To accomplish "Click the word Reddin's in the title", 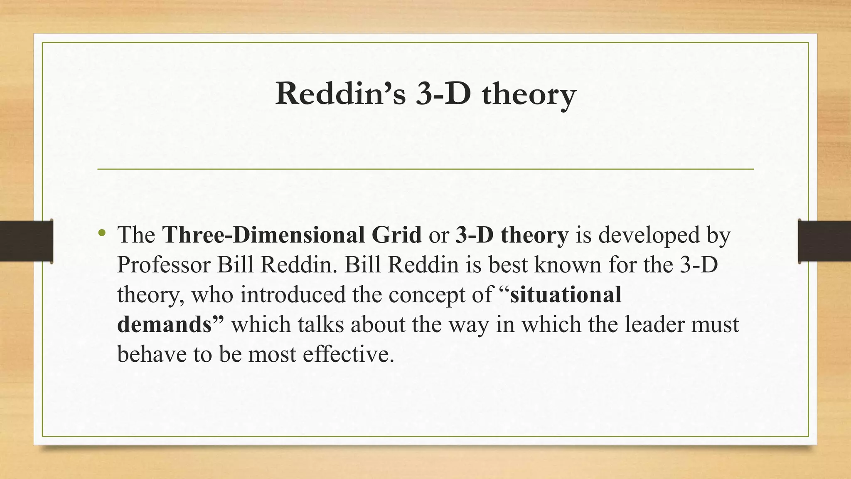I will (340, 94).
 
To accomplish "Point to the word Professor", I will (164, 264).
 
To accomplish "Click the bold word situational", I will (566, 294).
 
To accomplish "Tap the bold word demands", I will (165, 324).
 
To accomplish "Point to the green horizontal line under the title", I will (425, 169).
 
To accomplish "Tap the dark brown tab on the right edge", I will (824, 241).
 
